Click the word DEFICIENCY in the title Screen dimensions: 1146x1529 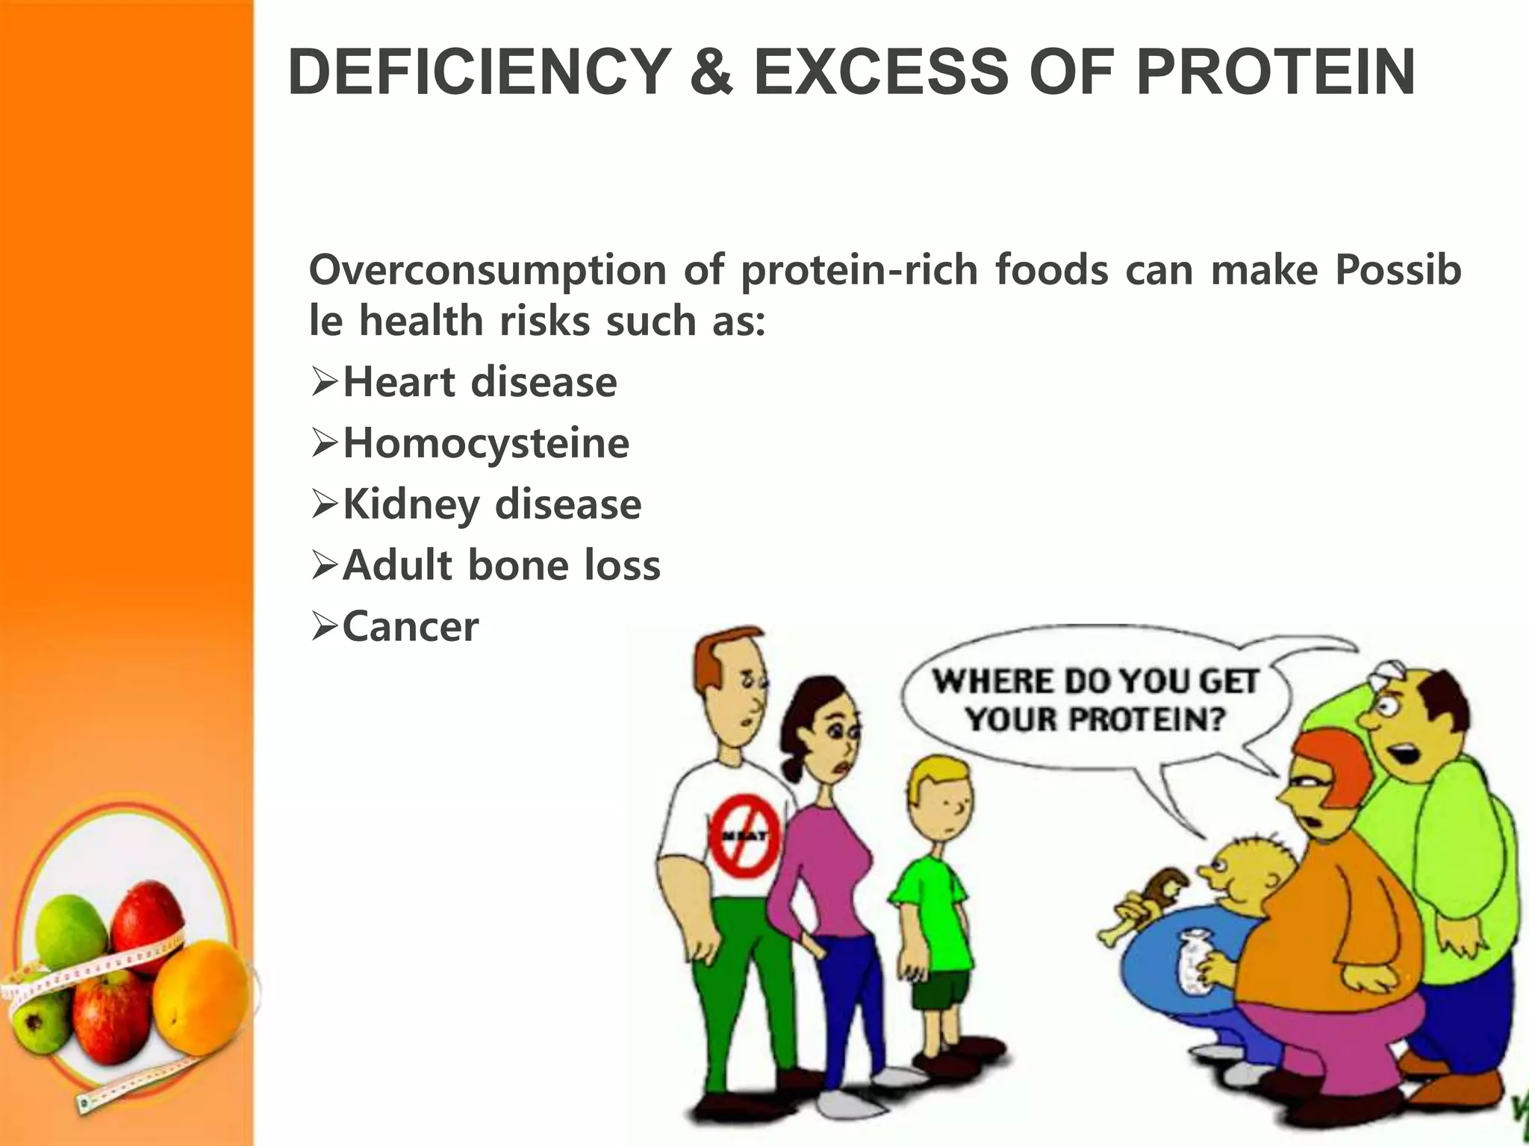[x=479, y=72]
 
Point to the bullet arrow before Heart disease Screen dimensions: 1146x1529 [x=325, y=383]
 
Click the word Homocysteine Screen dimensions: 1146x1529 [x=486, y=444]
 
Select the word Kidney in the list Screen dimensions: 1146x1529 [x=411, y=505]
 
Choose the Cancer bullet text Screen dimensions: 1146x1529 [x=411, y=627]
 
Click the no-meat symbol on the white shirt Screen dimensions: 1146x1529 [x=744, y=836]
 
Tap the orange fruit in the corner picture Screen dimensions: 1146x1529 [x=202, y=996]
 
